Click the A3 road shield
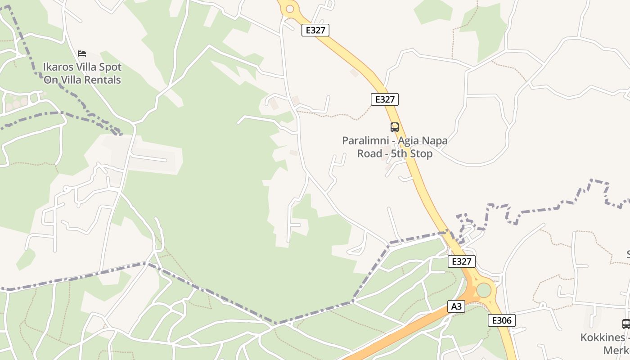(x=456, y=306)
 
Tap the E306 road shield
(x=501, y=320)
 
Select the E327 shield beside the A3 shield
(x=461, y=261)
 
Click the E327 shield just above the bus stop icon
(x=384, y=99)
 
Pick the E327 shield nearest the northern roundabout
(x=315, y=30)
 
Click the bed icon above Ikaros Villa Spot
(x=81, y=54)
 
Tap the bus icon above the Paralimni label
(x=394, y=127)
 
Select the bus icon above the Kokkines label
(x=626, y=324)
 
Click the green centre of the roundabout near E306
(x=484, y=290)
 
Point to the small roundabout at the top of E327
(x=289, y=9)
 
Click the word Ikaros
(x=57, y=67)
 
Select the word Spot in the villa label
(x=111, y=67)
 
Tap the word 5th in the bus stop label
(x=399, y=154)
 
